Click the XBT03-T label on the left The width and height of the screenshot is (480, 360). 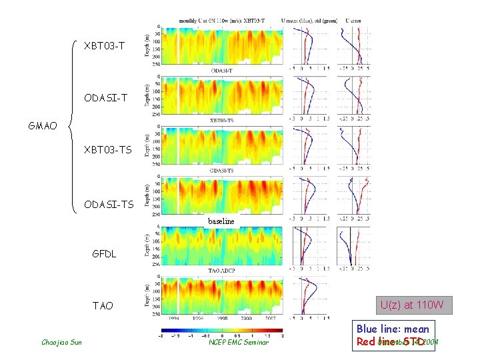[x=104, y=46]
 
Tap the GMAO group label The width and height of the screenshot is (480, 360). [x=43, y=125]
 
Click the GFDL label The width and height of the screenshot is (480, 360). [x=105, y=253]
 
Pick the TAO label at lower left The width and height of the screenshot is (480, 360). [x=103, y=305]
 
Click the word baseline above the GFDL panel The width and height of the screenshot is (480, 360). [x=221, y=221]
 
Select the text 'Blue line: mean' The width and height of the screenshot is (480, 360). [x=393, y=329]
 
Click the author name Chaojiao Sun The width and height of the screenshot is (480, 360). [x=61, y=343]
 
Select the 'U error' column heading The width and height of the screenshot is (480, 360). [x=354, y=21]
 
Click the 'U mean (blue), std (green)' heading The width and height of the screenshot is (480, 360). [x=310, y=21]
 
